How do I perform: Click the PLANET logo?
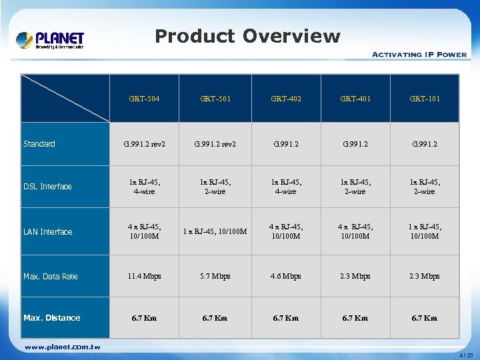pos(51,40)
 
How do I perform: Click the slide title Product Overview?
pos(247,36)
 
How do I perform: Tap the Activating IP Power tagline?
pos(419,55)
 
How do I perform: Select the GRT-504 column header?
pos(145,99)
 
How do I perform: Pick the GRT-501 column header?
pos(215,99)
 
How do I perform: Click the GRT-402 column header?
pos(286,99)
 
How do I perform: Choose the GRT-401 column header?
pos(355,99)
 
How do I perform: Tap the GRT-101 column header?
pos(425,99)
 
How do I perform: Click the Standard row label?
pos(39,144)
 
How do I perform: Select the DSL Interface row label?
pos(47,187)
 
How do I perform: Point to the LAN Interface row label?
pos(48,232)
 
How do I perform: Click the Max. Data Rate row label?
pos(51,277)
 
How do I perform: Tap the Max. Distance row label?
pos(52,318)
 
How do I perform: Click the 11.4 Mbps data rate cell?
pos(145,276)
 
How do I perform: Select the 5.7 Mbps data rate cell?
pos(215,276)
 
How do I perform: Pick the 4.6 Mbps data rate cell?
pos(286,276)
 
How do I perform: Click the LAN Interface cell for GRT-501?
pos(215,232)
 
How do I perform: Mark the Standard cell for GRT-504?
pos(145,144)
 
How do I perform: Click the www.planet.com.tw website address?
pos(62,347)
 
